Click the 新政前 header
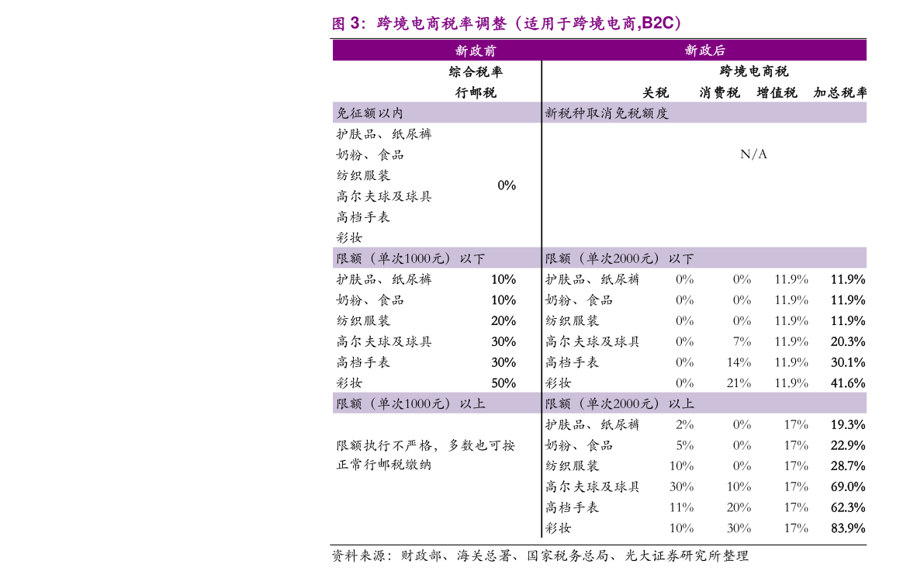[x=476, y=50]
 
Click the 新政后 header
[x=704, y=50]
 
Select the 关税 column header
[x=656, y=92]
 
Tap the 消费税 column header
[x=719, y=92]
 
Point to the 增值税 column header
[x=777, y=92]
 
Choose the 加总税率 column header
[x=839, y=92]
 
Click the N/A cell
[x=753, y=154]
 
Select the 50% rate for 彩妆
[x=504, y=383]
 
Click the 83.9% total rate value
[x=848, y=528]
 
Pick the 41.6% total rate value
[x=848, y=383]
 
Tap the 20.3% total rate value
[x=848, y=341]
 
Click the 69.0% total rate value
[x=848, y=486]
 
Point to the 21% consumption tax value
[x=739, y=383]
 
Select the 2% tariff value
[x=685, y=424]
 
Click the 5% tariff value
[x=685, y=445]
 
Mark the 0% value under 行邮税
[x=507, y=185]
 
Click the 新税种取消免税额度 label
[x=607, y=113]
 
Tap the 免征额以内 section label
[x=369, y=113]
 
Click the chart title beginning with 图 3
[x=507, y=23]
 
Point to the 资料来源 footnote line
[x=540, y=556]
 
